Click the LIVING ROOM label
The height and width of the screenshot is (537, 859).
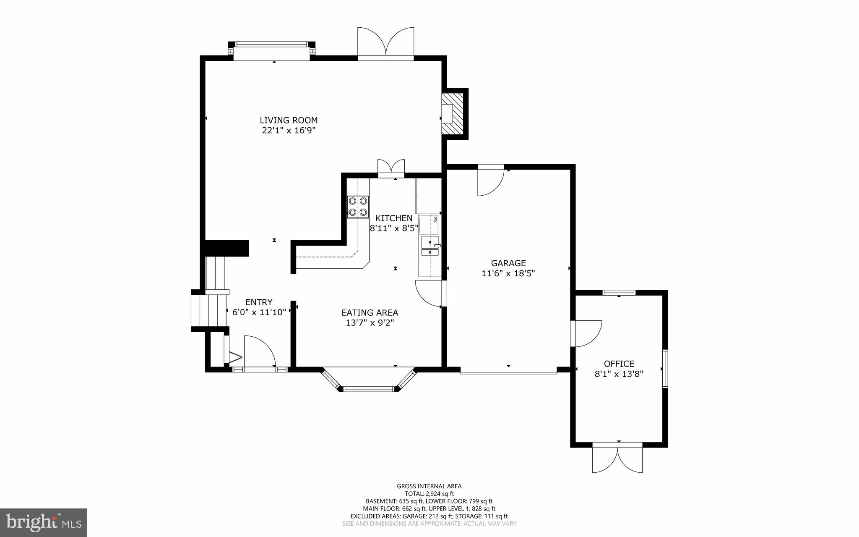click(289, 120)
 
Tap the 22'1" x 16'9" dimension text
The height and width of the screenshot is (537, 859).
click(289, 131)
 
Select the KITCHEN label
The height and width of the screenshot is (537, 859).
click(393, 218)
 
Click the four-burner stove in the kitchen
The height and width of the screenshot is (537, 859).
click(358, 207)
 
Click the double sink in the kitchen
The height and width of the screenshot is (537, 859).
click(430, 246)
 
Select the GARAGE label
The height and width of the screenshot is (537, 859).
click(508, 263)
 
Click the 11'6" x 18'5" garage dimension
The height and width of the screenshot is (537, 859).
click(508, 273)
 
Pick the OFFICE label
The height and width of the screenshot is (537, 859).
click(619, 364)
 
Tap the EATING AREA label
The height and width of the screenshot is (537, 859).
click(370, 313)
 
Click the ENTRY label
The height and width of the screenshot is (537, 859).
click(259, 302)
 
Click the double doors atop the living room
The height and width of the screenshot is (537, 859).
click(385, 42)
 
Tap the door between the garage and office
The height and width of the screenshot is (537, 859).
click(586, 334)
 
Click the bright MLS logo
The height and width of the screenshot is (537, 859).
click(44, 522)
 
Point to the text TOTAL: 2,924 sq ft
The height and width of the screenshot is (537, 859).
click(429, 494)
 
